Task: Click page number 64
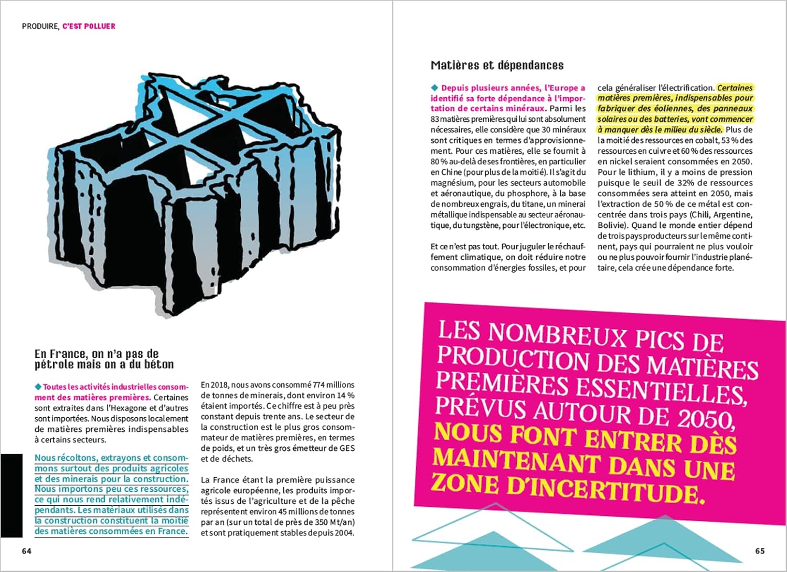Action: (27, 551)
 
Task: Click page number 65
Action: (760, 551)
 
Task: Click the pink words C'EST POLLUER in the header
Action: (89, 26)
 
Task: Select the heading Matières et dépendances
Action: (497, 66)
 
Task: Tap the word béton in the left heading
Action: (159, 364)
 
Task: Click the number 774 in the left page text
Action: (320, 385)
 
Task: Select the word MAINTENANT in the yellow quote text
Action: (517, 462)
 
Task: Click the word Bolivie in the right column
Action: (611, 225)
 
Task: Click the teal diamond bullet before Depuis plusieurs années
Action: (434, 88)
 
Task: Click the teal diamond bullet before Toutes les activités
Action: (38, 387)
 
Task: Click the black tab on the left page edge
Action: (11, 495)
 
